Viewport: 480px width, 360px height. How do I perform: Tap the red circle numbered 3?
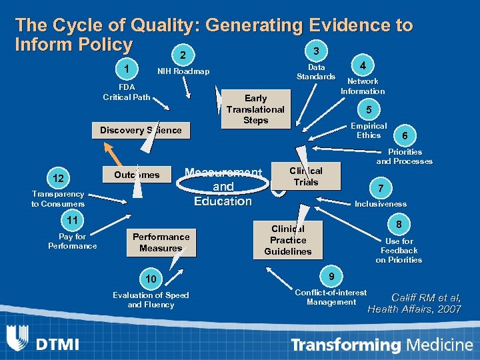coord(316,51)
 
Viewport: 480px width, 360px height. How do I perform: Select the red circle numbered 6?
coord(403,135)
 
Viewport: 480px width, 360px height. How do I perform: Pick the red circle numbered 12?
coord(59,178)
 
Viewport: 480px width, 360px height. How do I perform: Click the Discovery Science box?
coord(141,130)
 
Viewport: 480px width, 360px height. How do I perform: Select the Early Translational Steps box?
coord(256,109)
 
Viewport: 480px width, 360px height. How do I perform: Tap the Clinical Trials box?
coord(306,177)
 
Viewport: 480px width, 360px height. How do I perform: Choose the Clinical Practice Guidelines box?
coord(288,240)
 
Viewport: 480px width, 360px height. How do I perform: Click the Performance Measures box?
coord(161,242)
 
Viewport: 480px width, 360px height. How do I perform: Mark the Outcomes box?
coord(137,175)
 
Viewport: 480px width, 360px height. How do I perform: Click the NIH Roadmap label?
coord(183,72)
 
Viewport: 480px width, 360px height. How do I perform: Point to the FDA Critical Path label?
coord(126,92)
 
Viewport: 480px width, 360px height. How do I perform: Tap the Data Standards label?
coord(317,72)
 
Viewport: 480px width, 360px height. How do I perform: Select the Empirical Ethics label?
coord(368,130)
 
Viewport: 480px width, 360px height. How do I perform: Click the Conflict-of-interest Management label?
coord(331,297)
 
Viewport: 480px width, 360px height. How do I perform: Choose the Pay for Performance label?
coord(72,241)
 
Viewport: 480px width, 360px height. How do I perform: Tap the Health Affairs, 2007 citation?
coord(414,309)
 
